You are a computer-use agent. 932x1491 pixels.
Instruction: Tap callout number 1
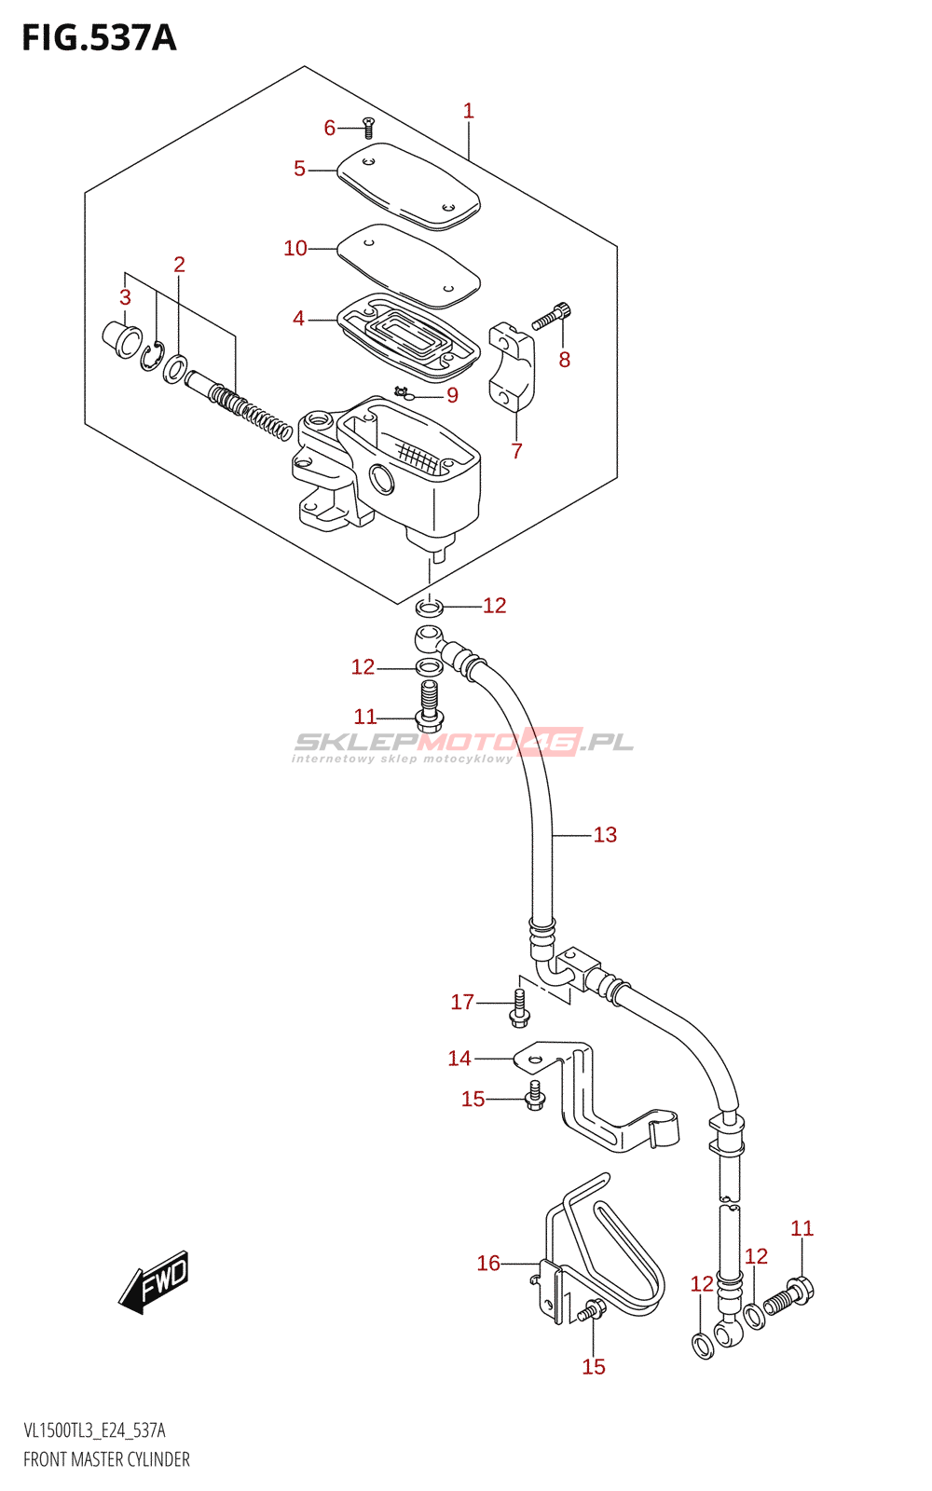(469, 111)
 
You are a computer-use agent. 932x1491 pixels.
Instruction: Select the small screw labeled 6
(367, 129)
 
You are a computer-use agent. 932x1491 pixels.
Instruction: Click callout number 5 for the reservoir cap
(299, 169)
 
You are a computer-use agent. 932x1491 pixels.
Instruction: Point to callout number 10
(295, 248)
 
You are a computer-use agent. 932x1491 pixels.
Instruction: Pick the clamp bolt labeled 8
(552, 318)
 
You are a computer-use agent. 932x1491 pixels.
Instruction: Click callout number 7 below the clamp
(517, 451)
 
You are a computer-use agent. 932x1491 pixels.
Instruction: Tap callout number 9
(452, 395)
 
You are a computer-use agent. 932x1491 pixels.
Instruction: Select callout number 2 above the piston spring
(179, 265)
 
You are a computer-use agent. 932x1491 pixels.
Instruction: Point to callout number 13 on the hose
(605, 835)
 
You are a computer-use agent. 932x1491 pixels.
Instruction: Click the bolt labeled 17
(519, 1009)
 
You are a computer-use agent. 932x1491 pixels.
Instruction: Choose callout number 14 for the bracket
(459, 1059)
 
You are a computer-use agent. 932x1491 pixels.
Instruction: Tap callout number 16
(488, 1264)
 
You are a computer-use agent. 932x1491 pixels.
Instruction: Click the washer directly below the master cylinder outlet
(429, 609)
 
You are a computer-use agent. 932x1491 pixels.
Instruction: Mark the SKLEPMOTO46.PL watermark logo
(463, 745)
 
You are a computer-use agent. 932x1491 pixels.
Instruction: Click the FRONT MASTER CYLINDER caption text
(106, 1459)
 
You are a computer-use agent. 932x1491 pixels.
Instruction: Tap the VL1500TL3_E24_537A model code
(94, 1431)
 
